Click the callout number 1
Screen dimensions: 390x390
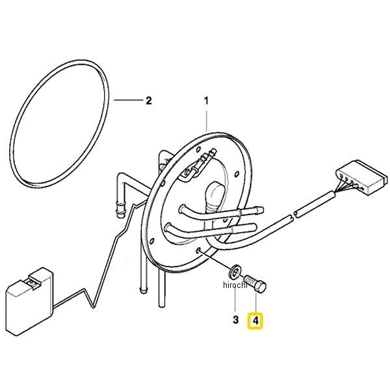click(206, 101)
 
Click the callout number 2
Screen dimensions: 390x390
click(148, 101)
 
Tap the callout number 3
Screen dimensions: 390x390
click(235, 320)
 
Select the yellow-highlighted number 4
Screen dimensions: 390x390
click(255, 320)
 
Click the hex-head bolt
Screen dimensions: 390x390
click(255, 284)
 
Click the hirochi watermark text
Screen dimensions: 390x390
click(235, 285)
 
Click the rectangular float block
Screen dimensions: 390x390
click(29, 302)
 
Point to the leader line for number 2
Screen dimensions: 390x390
click(128, 100)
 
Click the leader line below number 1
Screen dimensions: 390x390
click(206, 122)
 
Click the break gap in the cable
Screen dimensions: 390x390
click(293, 215)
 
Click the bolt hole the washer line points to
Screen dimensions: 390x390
click(198, 250)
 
